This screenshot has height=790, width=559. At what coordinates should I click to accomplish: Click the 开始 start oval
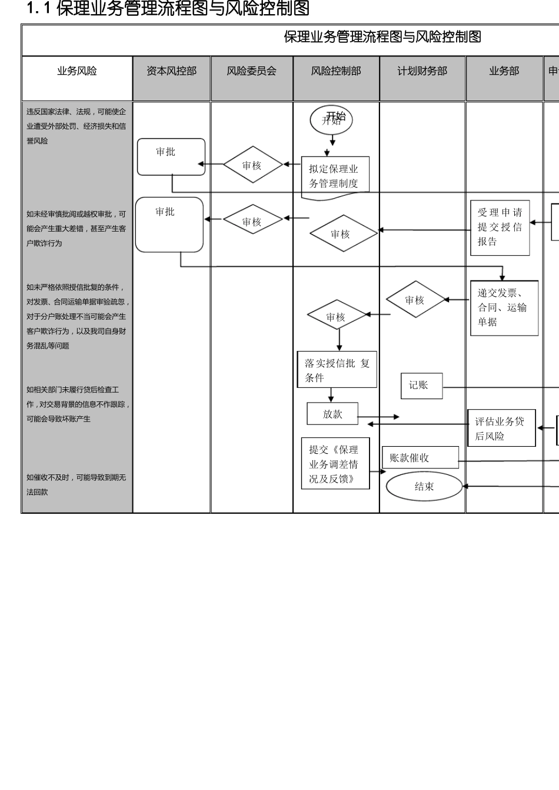331,120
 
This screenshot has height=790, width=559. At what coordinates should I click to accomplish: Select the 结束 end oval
424,486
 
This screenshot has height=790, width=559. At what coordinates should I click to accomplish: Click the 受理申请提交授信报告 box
500,227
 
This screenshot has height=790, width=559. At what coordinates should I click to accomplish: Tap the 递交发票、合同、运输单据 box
504,308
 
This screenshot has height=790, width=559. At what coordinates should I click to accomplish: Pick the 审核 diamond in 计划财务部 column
415,300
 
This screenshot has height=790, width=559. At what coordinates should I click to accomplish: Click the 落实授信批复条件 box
337,370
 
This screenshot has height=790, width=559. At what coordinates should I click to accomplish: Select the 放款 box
332,414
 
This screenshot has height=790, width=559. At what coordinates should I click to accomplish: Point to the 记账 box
421,386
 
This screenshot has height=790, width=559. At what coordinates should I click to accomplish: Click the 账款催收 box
420,457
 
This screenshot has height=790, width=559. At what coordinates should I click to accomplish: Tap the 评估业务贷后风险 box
501,428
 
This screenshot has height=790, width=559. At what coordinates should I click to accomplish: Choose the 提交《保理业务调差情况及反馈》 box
335,463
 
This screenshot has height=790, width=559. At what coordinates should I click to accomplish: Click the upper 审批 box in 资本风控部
171,156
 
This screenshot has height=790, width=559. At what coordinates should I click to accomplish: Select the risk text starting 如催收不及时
76,484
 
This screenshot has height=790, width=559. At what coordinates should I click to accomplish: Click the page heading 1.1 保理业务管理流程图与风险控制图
168,9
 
